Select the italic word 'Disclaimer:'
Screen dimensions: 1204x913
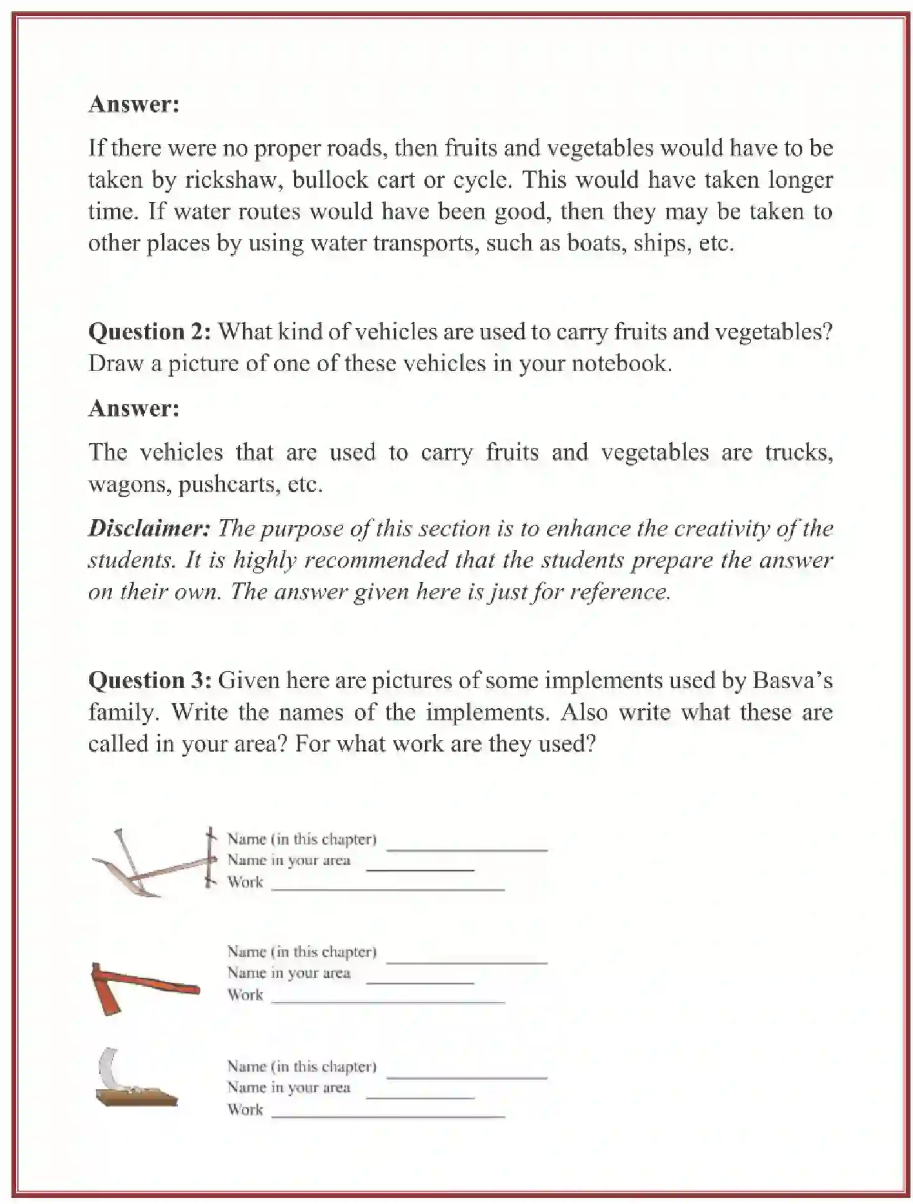(149, 528)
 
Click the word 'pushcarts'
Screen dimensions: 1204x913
(228, 484)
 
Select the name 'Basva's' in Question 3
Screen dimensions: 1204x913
(792, 681)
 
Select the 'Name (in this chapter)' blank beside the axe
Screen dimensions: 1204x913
(466, 961)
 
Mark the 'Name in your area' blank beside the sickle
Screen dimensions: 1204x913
(420, 1096)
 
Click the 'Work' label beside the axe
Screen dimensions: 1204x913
(245, 995)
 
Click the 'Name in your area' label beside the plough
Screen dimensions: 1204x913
(288, 860)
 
